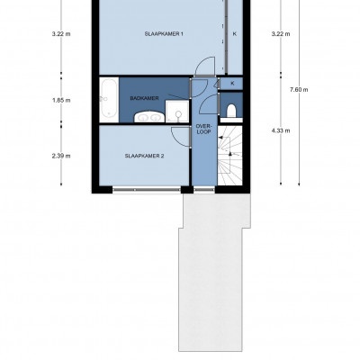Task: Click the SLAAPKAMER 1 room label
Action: [x=164, y=34]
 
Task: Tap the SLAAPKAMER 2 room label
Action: [x=144, y=156]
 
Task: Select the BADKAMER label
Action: [x=144, y=98]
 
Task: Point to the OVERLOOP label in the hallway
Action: [x=203, y=129]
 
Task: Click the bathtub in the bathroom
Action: [x=109, y=100]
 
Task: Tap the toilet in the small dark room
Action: [x=231, y=110]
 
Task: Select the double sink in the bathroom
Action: [x=149, y=117]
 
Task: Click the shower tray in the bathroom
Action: [x=177, y=112]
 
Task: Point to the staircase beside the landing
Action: [x=229, y=156]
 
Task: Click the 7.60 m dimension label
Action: [x=299, y=90]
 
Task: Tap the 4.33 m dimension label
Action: [x=281, y=130]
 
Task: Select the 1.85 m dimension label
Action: [x=61, y=100]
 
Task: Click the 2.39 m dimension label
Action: [x=61, y=156]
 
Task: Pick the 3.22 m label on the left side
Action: [x=61, y=34]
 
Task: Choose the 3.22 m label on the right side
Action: [x=281, y=34]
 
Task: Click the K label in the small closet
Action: [x=232, y=84]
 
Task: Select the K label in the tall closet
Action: [x=235, y=34]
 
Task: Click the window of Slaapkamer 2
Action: [x=147, y=190]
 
